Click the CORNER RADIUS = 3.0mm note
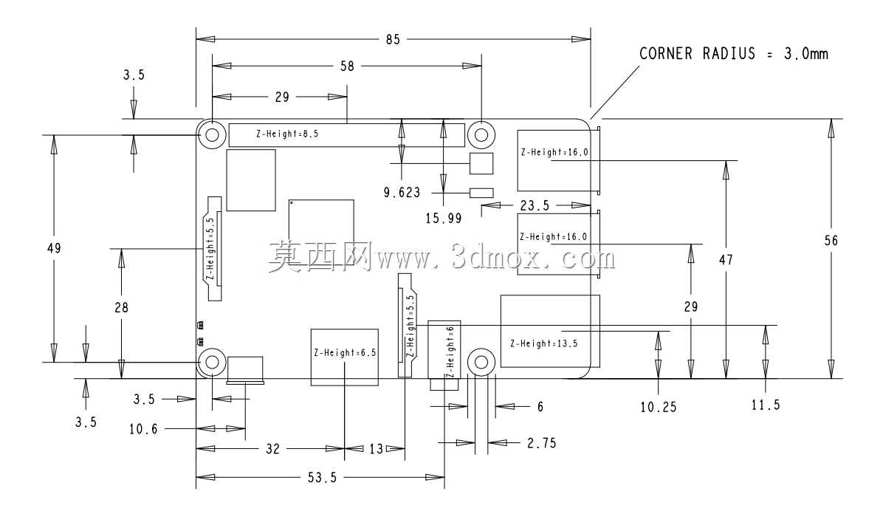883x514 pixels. click(733, 53)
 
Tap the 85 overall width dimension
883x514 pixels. click(393, 39)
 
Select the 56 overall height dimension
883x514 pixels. click(831, 241)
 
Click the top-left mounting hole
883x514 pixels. click(213, 134)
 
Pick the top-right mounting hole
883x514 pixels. click(481, 134)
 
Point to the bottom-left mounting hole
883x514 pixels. click(213, 361)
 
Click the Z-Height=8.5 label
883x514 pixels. click(287, 134)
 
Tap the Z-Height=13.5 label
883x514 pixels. click(544, 343)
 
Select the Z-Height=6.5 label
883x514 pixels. click(345, 353)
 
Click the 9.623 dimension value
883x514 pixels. click(402, 193)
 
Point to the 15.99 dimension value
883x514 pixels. click(444, 218)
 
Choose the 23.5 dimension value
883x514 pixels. click(535, 206)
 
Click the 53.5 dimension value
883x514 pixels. click(322, 478)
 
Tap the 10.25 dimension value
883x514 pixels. click(659, 407)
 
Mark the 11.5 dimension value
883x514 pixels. click(766, 405)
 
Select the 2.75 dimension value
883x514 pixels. click(542, 444)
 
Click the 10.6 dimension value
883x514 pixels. click(144, 430)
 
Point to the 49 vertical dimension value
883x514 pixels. click(54, 248)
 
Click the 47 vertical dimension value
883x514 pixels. click(726, 260)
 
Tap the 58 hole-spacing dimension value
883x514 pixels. click(348, 66)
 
